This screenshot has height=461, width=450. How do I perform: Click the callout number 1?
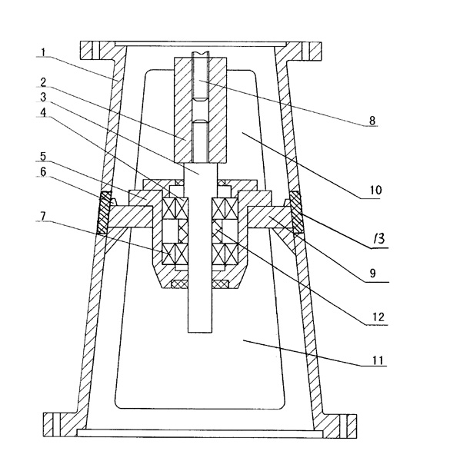pyautogui.click(x=43, y=53)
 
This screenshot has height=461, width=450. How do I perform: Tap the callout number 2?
pyautogui.click(x=43, y=82)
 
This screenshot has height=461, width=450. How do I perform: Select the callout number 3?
pyautogui.click(x=43, y=97)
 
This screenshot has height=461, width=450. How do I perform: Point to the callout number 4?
pyautogui.click(x=43, y=112)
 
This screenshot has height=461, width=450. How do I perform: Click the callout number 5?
pyautogui.click(x=43, y=157)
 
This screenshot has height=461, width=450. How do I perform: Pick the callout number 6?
pyautogui.click(x=43, y=171)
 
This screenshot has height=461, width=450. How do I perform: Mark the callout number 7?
pyautogui.click(x=43, y=217)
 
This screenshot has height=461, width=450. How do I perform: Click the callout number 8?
pyautogui.click(x=372, y=121)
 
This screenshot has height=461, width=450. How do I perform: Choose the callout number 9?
pyautogui.click(x=372, y=274)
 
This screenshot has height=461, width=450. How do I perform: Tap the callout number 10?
pyautogui.click(x=375, y=191)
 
